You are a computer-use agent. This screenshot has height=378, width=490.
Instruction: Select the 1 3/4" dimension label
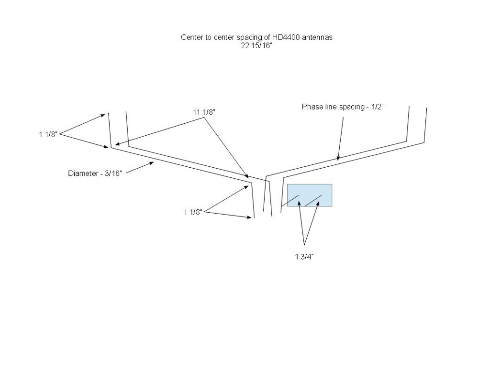pos(304,257)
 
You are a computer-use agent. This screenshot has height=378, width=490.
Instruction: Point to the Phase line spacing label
pos(343,107)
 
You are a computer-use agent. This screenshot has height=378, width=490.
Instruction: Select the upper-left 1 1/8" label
pos(48,134)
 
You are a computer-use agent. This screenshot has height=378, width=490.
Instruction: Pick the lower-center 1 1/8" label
pos(193,212)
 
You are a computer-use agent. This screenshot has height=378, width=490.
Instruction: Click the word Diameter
pos(83,173)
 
